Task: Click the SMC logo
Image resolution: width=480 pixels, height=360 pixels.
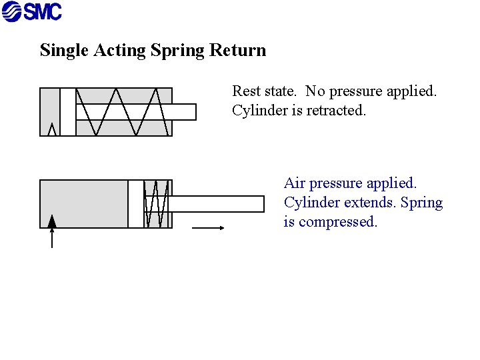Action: tap(31, 11)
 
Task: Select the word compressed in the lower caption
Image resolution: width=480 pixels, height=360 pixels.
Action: tap(338, 221)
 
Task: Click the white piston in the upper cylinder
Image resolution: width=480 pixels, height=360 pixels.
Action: tap(68, 112)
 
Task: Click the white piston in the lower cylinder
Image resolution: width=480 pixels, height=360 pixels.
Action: tap(136, 204)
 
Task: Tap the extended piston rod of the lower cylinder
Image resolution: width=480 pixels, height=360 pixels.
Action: tap(220, 204)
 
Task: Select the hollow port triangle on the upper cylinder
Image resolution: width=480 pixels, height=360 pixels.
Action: tap(52, 130)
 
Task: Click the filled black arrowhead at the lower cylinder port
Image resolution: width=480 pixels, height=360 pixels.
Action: tap(52, 221)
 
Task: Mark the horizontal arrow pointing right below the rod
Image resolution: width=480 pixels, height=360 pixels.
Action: tap(209, 228)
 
